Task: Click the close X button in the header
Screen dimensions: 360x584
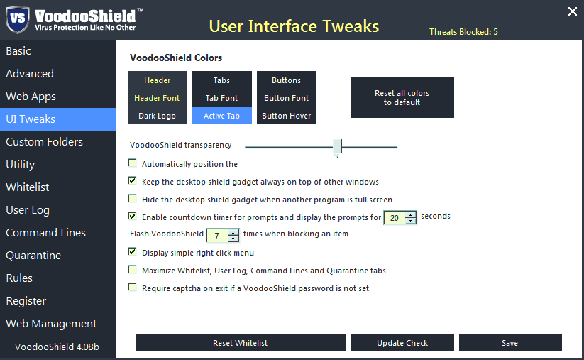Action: [573, 11]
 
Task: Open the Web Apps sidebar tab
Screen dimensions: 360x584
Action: [31, 97]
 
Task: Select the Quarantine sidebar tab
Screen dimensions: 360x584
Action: [33, 256]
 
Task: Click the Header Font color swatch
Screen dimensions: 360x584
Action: [158, 98]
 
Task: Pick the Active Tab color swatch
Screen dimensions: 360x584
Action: [222, 116]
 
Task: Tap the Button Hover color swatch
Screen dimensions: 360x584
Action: [287, 116]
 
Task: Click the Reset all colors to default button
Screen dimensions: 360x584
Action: [402, 98]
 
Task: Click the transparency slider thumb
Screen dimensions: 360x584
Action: [338, 146]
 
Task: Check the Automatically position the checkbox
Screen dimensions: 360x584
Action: [132, 163]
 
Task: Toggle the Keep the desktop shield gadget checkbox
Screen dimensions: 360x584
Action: [132, 181]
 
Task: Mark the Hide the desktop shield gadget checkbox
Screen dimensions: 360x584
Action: [132, 199]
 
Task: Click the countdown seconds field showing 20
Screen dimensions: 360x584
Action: [395, 218]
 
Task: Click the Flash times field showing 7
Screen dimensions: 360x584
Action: [216, 235]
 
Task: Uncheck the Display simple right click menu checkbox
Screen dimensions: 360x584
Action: [132, 251]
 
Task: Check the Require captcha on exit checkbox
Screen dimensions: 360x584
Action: [132, 288]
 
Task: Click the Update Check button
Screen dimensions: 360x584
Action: [402, 343]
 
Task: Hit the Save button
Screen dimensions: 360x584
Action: [510, 343]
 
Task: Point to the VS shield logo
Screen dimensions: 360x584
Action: [17, 20]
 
